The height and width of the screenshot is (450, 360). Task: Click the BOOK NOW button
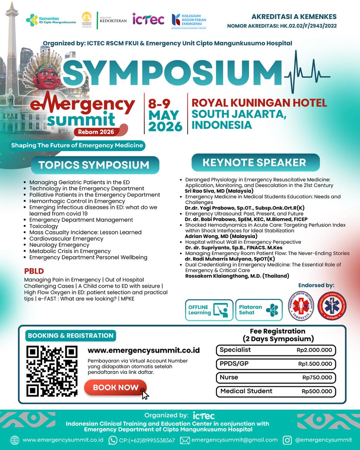point(115,387)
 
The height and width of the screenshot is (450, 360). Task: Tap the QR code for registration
point(52,371)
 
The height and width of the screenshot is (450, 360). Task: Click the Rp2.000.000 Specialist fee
point(314,350)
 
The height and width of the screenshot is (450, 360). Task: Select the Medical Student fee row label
point(246,391)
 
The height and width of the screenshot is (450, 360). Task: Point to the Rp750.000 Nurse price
point(317,378)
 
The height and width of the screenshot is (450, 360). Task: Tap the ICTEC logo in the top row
point(148,20)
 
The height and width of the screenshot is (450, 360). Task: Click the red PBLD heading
point(34,271)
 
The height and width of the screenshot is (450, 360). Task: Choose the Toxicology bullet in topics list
point(44,226)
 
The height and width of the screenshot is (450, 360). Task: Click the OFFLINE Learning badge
point(209,310)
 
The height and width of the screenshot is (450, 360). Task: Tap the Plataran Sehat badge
point(259,310)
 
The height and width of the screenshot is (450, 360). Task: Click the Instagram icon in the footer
point(288,440)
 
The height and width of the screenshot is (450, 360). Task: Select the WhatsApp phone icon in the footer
point(113,440)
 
